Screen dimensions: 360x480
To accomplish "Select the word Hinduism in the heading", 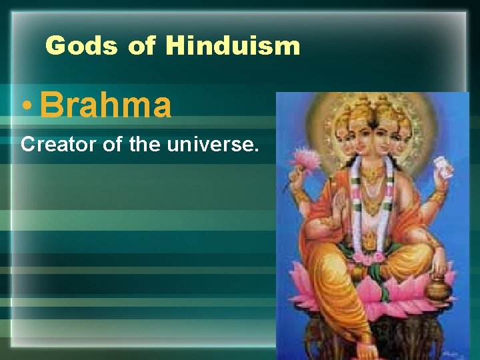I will point(233,45).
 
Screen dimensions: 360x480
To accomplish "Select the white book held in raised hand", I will point(443,167).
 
